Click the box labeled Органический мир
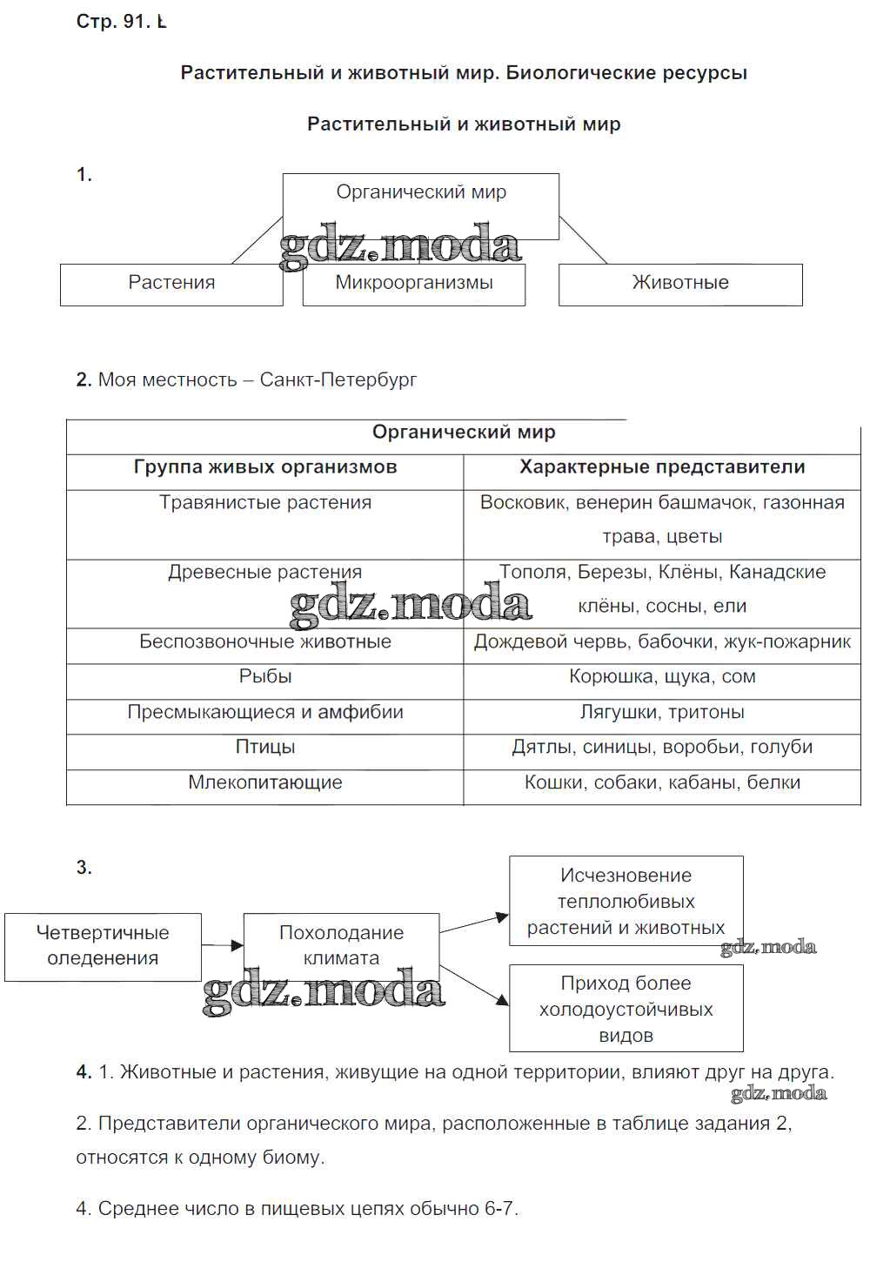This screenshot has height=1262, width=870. [421, 193]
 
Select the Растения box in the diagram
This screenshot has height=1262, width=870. [171, 284]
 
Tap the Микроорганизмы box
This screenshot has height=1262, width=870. [414, 284]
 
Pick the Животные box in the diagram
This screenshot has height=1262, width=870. [680, 284]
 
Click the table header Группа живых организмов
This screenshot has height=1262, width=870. [265, 467]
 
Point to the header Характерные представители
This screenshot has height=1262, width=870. [662, 467]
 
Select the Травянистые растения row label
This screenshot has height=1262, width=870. [265, 503]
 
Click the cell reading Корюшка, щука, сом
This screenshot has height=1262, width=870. [662, 677]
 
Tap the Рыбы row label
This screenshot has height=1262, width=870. [265, 677]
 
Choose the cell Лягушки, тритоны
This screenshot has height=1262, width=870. [662, 713]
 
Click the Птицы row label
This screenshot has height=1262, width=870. [265, 748]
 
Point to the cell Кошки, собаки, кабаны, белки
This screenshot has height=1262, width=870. [662, 783]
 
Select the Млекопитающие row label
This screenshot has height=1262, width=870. [265, 783]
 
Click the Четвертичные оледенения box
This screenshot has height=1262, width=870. [103, 946]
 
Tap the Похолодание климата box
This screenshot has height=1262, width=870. [341, 946]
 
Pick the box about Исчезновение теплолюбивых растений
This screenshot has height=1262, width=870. [626, 902]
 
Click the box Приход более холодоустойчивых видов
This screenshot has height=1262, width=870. [626, 1010]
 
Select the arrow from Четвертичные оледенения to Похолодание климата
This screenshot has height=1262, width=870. [223, 944]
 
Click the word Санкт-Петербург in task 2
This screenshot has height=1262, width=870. [338, 380]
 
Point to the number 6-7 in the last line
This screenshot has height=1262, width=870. [500, 1209]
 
